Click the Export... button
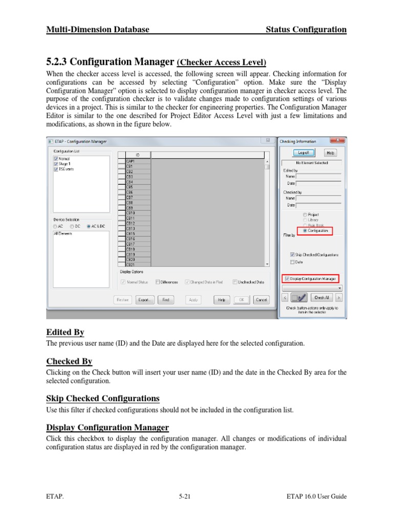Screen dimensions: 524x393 pos(145,300)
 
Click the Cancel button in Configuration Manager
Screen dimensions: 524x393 pos(261,300)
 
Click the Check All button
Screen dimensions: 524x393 pos(321,297)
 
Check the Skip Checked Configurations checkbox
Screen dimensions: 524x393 pos(292,254)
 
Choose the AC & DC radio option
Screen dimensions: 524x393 pos(89,226)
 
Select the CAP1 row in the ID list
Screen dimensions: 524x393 pos(138,161)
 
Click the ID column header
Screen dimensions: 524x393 pos(138,155)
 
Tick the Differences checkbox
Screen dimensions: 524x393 pos(158,282)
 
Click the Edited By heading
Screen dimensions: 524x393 pos(65,333)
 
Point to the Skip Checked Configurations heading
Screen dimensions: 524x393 pos(103,398)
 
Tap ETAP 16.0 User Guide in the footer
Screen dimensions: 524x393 pos(317,496)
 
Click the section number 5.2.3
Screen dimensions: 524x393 pos(57,62)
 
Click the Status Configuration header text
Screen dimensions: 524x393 pos(306,30)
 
